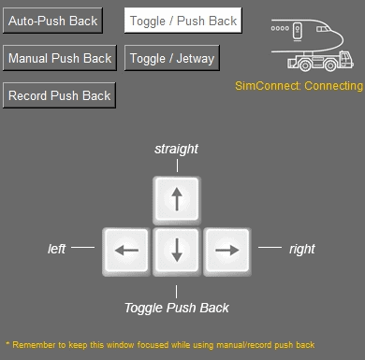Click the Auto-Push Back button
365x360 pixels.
pyautogui.click(x=52, y=21)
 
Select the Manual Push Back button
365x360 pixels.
pyautogui.click(x=60, y=58)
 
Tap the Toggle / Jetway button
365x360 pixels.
pyautogui.click(x=172, y=58)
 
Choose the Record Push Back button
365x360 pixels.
pyautogui.click(x=59, y=95)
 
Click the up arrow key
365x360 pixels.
pyautogui.click(x=177, y=199)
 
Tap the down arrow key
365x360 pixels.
pyautogui.click(x=177, y=251)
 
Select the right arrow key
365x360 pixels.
pyautogui.click(x=227, y=251)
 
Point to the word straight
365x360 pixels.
pyautogui.click(x=176, y=149)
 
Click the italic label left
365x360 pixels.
pyautogui.click(x=56, y=249)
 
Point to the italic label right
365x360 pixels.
pyautogui.click(x=302, y=249)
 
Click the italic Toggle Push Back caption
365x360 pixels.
pyautogui.click(x=177, y=308)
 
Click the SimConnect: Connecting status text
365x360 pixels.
pyautogui.click(x=299, y=86)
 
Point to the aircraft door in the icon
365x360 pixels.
pyautogui.click(x=298, y=31)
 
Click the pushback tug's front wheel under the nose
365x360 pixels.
pyautogui.click(x=330, y=65)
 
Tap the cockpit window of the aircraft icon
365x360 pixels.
pyautogui.click(x=323, y=29)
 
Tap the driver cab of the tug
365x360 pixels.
pyautogui.click(x=345, y=59)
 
